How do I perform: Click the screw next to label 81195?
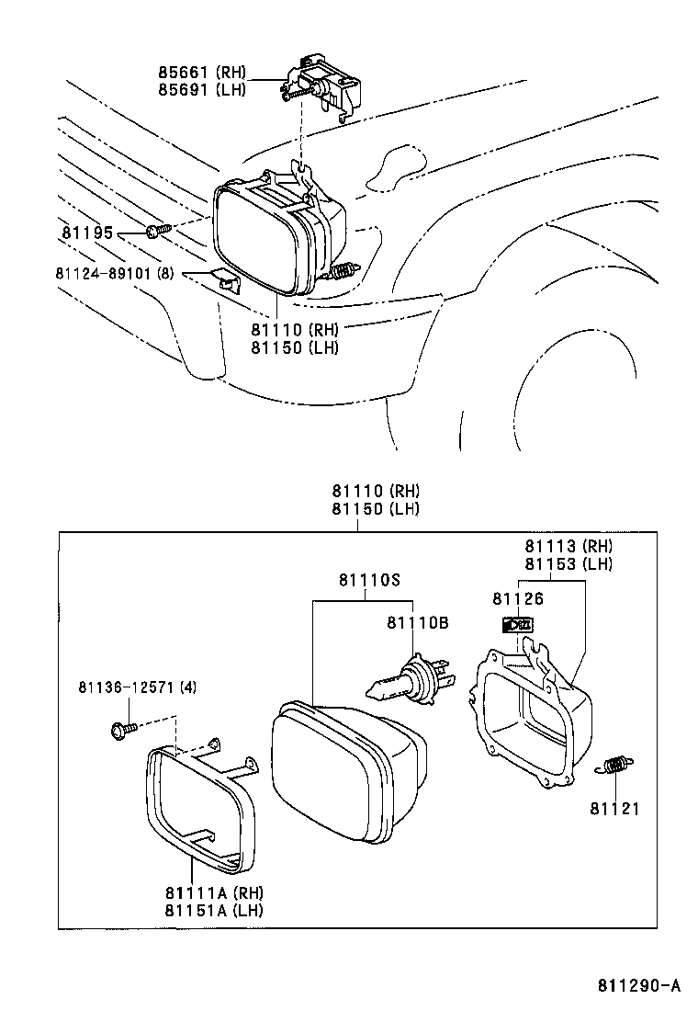click(x=155, y=229)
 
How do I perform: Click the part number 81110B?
click(x=416, y=623)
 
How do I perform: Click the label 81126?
click(x=518, y=599)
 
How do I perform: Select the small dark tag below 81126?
click(x=519, y=626)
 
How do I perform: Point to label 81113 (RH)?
click(x=569, y=548)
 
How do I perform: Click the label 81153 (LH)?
click(x=569, y=564)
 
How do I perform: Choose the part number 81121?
click(x=614, y=809)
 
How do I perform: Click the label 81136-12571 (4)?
click(x=137, y=687)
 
